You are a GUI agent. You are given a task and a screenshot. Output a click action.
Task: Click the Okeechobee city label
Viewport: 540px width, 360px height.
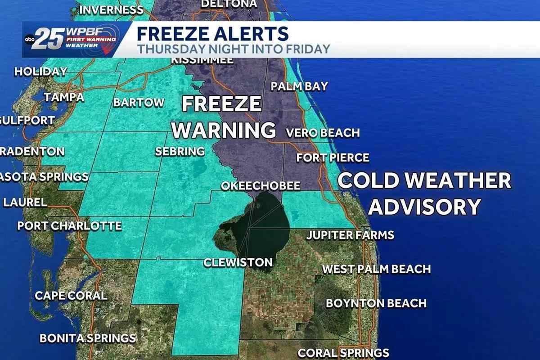pyautogui.click(x=260, y=186)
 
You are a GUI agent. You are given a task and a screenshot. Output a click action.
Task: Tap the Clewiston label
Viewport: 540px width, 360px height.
pyautogui.click(x=238, y=262)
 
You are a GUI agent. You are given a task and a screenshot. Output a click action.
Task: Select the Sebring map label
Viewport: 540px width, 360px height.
pyautogui.click(x=180, y=152)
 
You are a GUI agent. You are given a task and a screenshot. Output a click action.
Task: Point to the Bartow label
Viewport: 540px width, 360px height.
pyautogui.click(x=139, y=103)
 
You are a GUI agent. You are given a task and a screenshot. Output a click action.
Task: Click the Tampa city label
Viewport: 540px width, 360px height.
pyautogui.click(x=64, y=97)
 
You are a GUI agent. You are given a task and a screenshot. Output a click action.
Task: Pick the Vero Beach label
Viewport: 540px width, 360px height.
pyautogui.click(x=323, y=133)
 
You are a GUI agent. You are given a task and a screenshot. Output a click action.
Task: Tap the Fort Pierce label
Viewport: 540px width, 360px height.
pyautogui.click(x=333, y=158)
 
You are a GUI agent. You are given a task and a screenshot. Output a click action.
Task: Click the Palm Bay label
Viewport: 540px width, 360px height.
pyautogui.click(x=299, y=86)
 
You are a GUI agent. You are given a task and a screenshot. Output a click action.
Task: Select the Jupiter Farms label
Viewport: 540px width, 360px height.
pyautogui.click(x=350, y=235)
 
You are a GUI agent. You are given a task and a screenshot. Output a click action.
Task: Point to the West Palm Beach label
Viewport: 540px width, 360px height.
pyautogui.click(x=376, y=269)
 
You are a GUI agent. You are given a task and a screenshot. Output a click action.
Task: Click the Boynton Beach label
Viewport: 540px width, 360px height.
pyautogui.click(x=376, y=303)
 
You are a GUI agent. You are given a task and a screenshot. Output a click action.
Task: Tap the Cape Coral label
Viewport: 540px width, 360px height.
pyautogui.click(x=71, y=296)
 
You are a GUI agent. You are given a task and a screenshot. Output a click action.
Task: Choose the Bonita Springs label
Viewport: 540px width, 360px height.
pyautogui.click(x=88, y=338)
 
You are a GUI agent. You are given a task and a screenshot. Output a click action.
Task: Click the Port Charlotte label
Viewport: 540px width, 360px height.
pyautogui.click(x=69, y=225)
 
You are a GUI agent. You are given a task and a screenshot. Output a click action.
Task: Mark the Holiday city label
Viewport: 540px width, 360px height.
pyautogui.click(x=40, y=72)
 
